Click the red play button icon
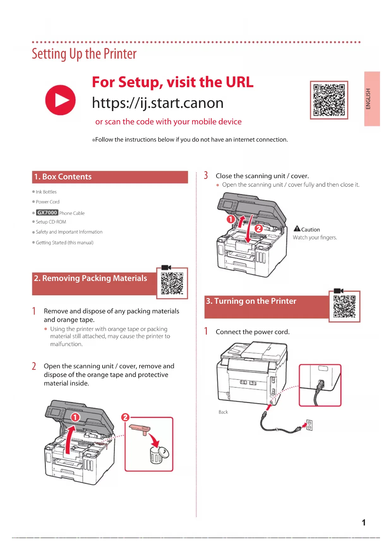[60, 100]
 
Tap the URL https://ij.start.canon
[158, 103]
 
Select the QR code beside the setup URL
[329, 100]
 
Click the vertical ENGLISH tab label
[368, 99]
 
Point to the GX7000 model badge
[47, 213]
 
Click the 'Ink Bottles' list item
[46, 192]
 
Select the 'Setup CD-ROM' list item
[51, 222]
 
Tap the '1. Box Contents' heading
[63, 177]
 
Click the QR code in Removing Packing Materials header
[172, 283]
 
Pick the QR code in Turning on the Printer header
[344, 306]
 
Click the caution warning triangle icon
[297, 229]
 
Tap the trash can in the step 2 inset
[157, 455]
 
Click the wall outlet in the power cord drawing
[310, 425]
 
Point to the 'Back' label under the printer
[223, 412]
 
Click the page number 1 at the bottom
[364, 522]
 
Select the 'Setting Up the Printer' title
[84, 54]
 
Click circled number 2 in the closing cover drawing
[259, 228]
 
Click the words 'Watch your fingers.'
[315, 238]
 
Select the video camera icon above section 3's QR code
[338, 291]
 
